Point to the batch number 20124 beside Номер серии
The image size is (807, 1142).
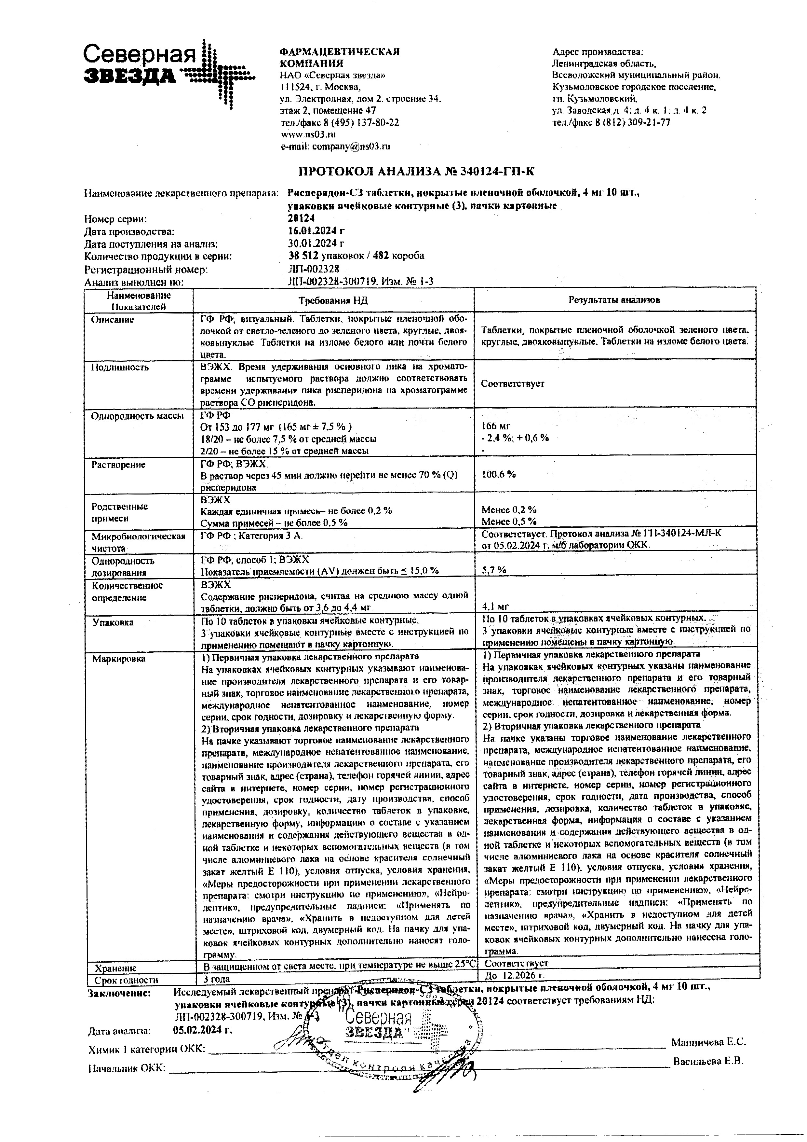click(301, 218)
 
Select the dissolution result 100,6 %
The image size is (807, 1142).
click(498, 475)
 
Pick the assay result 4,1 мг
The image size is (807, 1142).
click(495, 606)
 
